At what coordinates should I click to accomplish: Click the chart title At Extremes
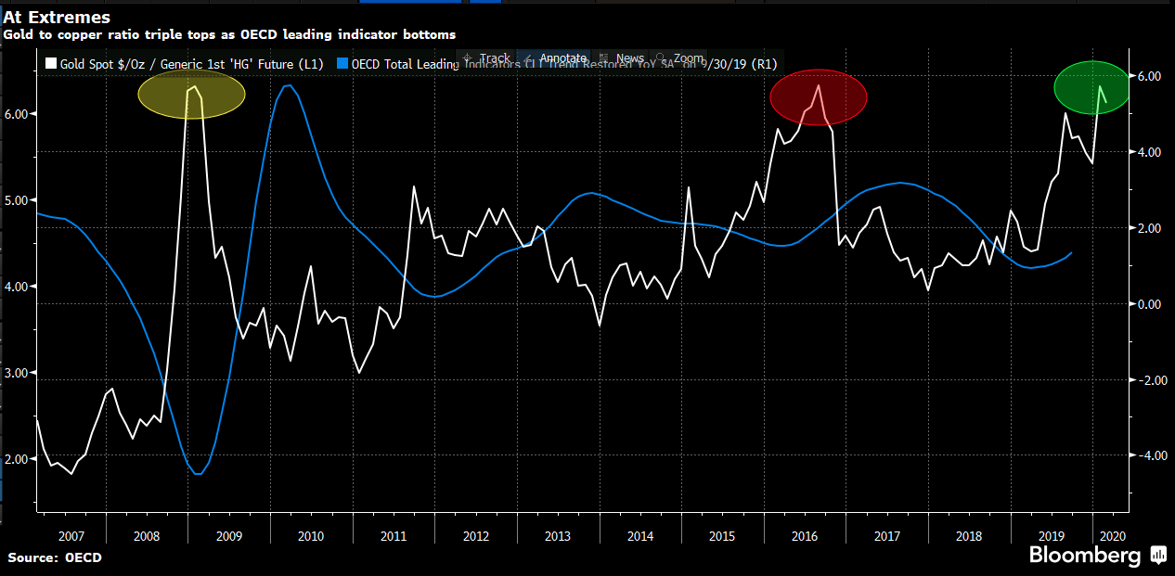(58, 17)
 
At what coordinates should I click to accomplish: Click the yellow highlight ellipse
(191, 95)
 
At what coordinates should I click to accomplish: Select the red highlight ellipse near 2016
(818, 96)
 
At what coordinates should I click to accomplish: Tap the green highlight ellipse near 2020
(1092, 88)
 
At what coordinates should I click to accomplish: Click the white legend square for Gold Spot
(51, 64)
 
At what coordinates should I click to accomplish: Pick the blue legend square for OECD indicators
(342, 64)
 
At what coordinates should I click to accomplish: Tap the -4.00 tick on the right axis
(1149, 455)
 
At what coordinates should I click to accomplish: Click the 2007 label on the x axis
(71, 536)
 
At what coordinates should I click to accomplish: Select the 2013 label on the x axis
(558, 536)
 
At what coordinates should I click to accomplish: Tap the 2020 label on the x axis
(1110, 536)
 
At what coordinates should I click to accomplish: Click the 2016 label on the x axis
(804, 536)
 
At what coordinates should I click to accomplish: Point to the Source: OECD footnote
(55, 557)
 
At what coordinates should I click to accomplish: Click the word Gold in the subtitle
(18, 34)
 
